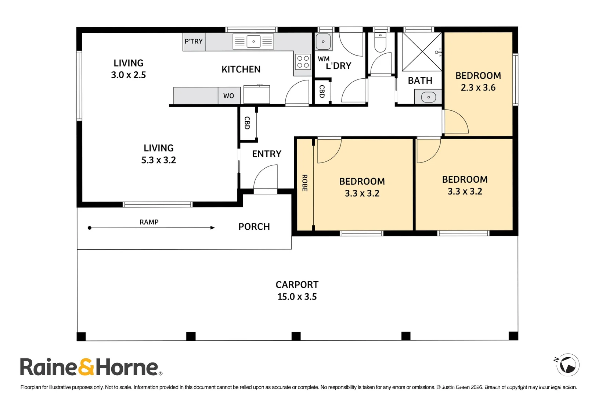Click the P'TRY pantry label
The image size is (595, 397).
click(194, 41)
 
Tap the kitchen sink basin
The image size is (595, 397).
click(253, 42)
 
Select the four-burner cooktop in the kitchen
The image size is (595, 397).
click(303, 62)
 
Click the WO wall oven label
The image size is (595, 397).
click(228, 96)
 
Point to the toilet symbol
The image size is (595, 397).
click(381, 43)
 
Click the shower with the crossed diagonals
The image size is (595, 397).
click(422, 52)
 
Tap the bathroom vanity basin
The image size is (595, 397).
click(428, 97)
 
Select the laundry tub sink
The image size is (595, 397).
click(323, 42)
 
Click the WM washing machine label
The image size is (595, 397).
click(324, 59)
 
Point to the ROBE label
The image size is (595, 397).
click(305, 183)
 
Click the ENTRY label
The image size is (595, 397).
click(267, 154)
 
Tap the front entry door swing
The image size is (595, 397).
click(265, 177)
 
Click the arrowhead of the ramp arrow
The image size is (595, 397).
click(213, 228)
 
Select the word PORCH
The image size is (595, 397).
click(254, 226)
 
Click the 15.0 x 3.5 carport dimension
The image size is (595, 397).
click(297, 297)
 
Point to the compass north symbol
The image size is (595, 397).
click(568, 365)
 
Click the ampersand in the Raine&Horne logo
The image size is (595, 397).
click(86, 367)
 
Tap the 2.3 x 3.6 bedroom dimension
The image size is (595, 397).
click(478, 87)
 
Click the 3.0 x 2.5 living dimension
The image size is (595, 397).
click(128, 75)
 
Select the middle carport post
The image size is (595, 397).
click(296, 336)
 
